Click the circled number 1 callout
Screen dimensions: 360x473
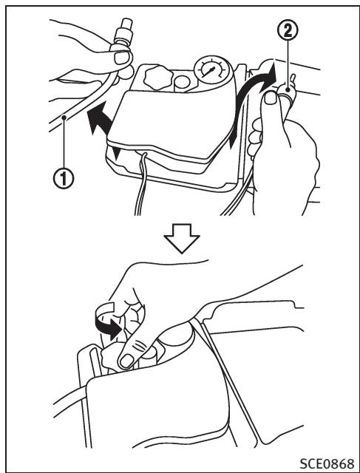(64, 178)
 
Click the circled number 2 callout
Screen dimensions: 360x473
(288, 31)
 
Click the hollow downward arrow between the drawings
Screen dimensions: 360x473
(182, 238)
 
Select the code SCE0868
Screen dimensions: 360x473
(327, 463)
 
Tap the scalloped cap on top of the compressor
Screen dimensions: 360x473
(157, 78)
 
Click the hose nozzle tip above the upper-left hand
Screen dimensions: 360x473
(127, 25)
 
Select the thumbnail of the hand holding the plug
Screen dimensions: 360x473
(271, 98)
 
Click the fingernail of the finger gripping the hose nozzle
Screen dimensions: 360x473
(122, 58)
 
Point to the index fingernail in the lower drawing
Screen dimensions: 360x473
(126, 361)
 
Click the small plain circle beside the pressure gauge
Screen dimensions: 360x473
(182, 82)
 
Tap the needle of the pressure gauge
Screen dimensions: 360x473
(210, 72)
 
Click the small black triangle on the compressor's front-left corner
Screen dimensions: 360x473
(115, 152)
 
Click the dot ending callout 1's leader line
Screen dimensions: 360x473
(64, 118)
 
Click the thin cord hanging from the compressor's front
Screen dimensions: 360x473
(141, 184)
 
